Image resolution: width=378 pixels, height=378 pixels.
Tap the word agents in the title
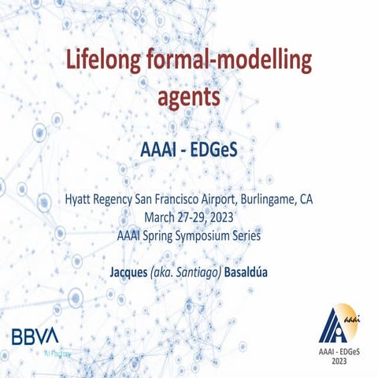(x=188, y=98)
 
